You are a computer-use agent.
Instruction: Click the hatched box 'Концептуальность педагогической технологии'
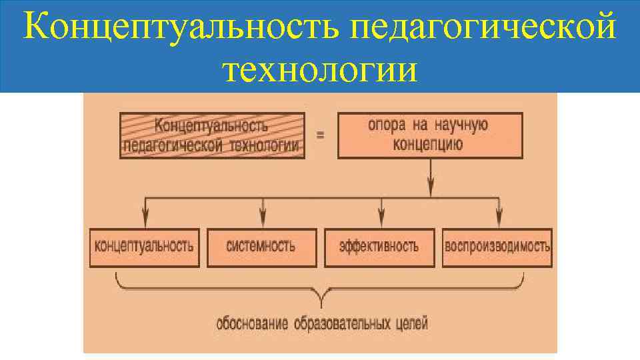(212, 135)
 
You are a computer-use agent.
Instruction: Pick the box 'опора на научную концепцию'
(429, 135)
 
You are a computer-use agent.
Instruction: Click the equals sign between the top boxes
(321, 135)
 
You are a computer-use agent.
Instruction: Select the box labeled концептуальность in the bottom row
(144, 247)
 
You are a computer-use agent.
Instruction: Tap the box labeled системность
(261, 247)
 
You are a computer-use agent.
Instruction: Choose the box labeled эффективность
(379, 247)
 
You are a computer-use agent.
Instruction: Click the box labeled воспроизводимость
(497, 247)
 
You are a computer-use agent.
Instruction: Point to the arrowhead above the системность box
(263, 217)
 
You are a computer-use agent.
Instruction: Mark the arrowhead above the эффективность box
(381, 217)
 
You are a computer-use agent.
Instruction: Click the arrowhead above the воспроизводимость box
(499, 217)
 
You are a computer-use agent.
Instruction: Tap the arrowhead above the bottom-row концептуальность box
(145, 217)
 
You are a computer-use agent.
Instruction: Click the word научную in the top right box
(463, 125)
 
